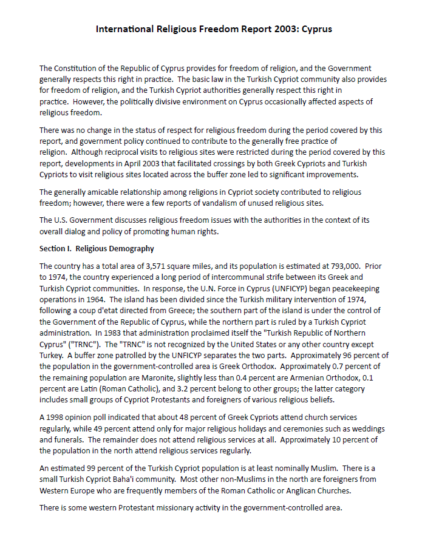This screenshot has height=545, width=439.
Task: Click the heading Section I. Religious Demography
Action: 97,249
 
